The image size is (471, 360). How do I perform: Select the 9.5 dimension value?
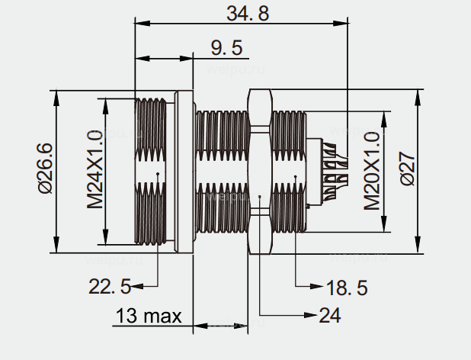pos(226,48)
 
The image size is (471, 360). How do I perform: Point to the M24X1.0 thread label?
pos(95,170)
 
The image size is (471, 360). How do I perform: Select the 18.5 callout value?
pos(347,288)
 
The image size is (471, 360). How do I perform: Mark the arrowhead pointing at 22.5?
pos(138,287)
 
